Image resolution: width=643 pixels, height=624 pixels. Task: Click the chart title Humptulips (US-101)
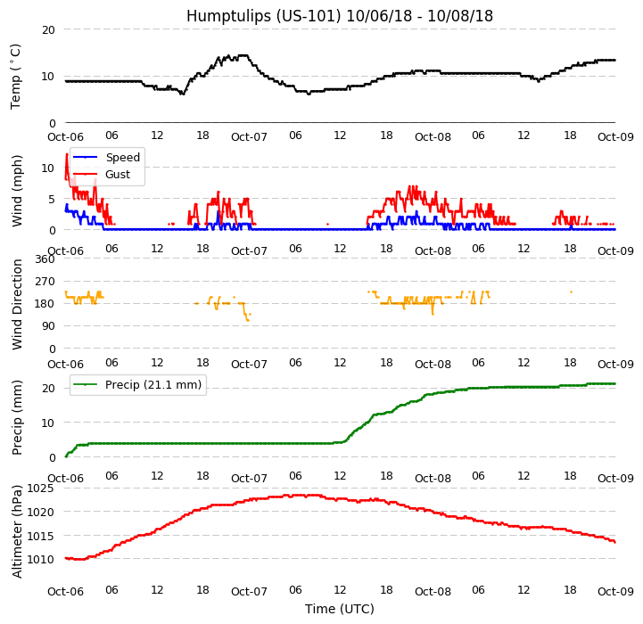coord(339,16)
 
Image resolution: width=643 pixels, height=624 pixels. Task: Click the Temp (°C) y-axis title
coord(16,76)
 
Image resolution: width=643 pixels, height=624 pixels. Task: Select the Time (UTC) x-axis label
coord(339,609)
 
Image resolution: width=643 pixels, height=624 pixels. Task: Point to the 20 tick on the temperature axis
coord(48,29)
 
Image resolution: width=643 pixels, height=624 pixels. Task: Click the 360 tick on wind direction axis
coord(45,259)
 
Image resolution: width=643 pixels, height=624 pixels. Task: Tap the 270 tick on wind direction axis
coord(45,282)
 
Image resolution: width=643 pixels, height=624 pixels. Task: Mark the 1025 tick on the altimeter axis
coord(41,489)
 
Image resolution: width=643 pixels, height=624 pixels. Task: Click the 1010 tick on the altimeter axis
coord(41,560)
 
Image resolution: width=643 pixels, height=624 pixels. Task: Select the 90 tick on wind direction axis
coord(48,327)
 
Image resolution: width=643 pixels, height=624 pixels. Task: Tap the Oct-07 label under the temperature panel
coord(249,137)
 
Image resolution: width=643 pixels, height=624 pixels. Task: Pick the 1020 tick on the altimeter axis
coord(41,513)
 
